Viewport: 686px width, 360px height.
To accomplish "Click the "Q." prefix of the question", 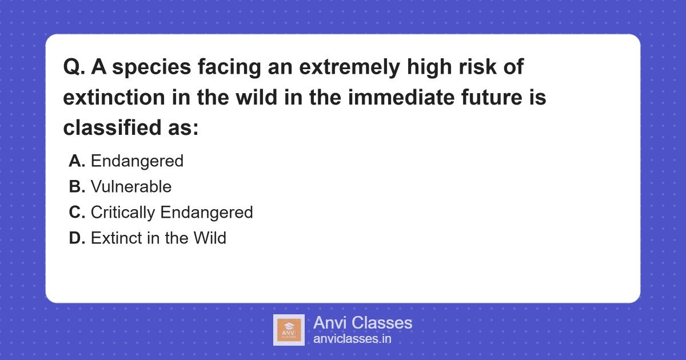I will point(74,67).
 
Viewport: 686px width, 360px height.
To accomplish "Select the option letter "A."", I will point(77,161).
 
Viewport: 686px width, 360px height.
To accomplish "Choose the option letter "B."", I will point(77,187).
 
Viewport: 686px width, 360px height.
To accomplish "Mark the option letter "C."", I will point(77,213).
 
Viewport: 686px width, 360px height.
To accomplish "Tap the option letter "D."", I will point(77,238).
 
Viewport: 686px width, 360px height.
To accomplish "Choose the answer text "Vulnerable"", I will point(131,187).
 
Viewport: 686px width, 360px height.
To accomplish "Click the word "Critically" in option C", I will point(123,213).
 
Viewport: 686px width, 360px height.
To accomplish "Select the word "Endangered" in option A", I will point(137,161).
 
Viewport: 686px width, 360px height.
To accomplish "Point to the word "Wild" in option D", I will point(211,238).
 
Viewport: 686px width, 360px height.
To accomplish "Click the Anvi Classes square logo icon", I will point(289,330).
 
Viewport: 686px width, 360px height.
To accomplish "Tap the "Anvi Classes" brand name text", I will point(362,323).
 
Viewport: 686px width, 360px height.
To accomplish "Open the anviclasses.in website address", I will point(352,339).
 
